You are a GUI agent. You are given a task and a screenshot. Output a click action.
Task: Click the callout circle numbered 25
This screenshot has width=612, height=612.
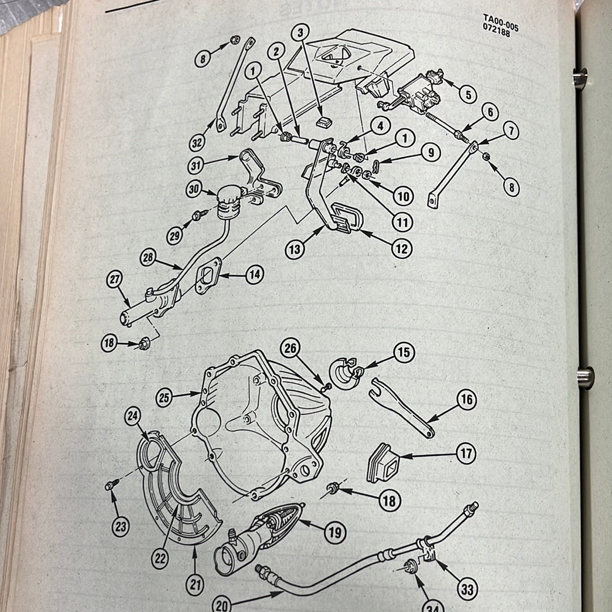pyautogui.click(x=164, y=398)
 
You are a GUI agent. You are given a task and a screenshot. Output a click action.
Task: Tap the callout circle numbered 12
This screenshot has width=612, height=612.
pyautogui.click(x=402, y=248)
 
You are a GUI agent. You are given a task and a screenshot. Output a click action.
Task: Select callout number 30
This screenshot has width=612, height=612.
pyautogui.click(x=195, y=190)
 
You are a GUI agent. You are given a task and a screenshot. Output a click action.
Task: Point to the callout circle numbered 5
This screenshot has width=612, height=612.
pyautogui.click(x=467, y=94)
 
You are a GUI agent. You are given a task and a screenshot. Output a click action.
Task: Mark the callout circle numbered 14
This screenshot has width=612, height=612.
pyautogui.click(x=254, y=275)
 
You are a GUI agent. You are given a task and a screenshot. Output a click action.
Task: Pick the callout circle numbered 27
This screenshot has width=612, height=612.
pyautogui.click(x=114, y=280)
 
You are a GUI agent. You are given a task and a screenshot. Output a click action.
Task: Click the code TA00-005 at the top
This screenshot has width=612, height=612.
pyautogui.click(x=500, y=20)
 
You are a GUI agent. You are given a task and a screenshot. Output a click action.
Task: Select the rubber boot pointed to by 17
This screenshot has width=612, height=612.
pyautogui.click(x=383, y=462)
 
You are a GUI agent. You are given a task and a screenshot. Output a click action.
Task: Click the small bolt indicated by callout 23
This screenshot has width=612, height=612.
pyautogui.click(x=110, y=485)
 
